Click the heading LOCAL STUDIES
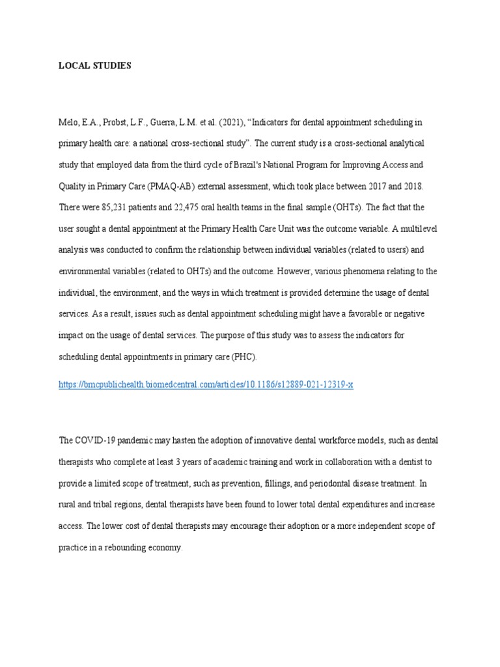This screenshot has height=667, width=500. click(x=94, y=66)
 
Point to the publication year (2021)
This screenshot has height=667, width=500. click(x=226, y=122)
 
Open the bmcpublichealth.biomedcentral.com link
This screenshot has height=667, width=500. click(x=206, y=384)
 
